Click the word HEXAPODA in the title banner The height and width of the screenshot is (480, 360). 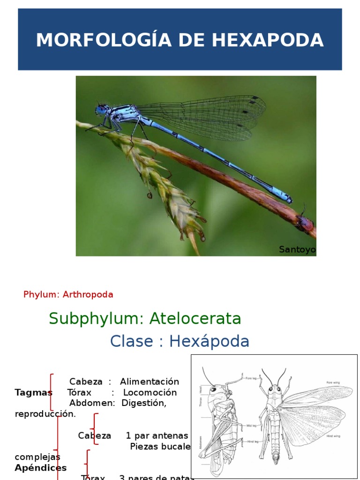pyautogui.click(x=268, y=40)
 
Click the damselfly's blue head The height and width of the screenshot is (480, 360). pyautogui.click(x=101, y=110)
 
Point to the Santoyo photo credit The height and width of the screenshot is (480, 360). pyautogui.click(x=297, y=249)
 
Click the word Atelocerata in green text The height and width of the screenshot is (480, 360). pyautogui.click(x=195, y=319)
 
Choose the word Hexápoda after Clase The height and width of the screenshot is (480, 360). pyautogui.click(x=209, y=341)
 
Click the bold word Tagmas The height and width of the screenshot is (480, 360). pyautogui.click(x=33, y=392)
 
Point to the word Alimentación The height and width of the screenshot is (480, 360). pyautogui.click(x=150, y=382)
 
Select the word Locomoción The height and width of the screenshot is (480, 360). pyautogui.click(x=150, y=392)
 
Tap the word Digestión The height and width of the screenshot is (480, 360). pyautogui.click(x=144, y=403)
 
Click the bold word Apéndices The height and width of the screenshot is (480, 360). pyautogui.click(x=40, y=468)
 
